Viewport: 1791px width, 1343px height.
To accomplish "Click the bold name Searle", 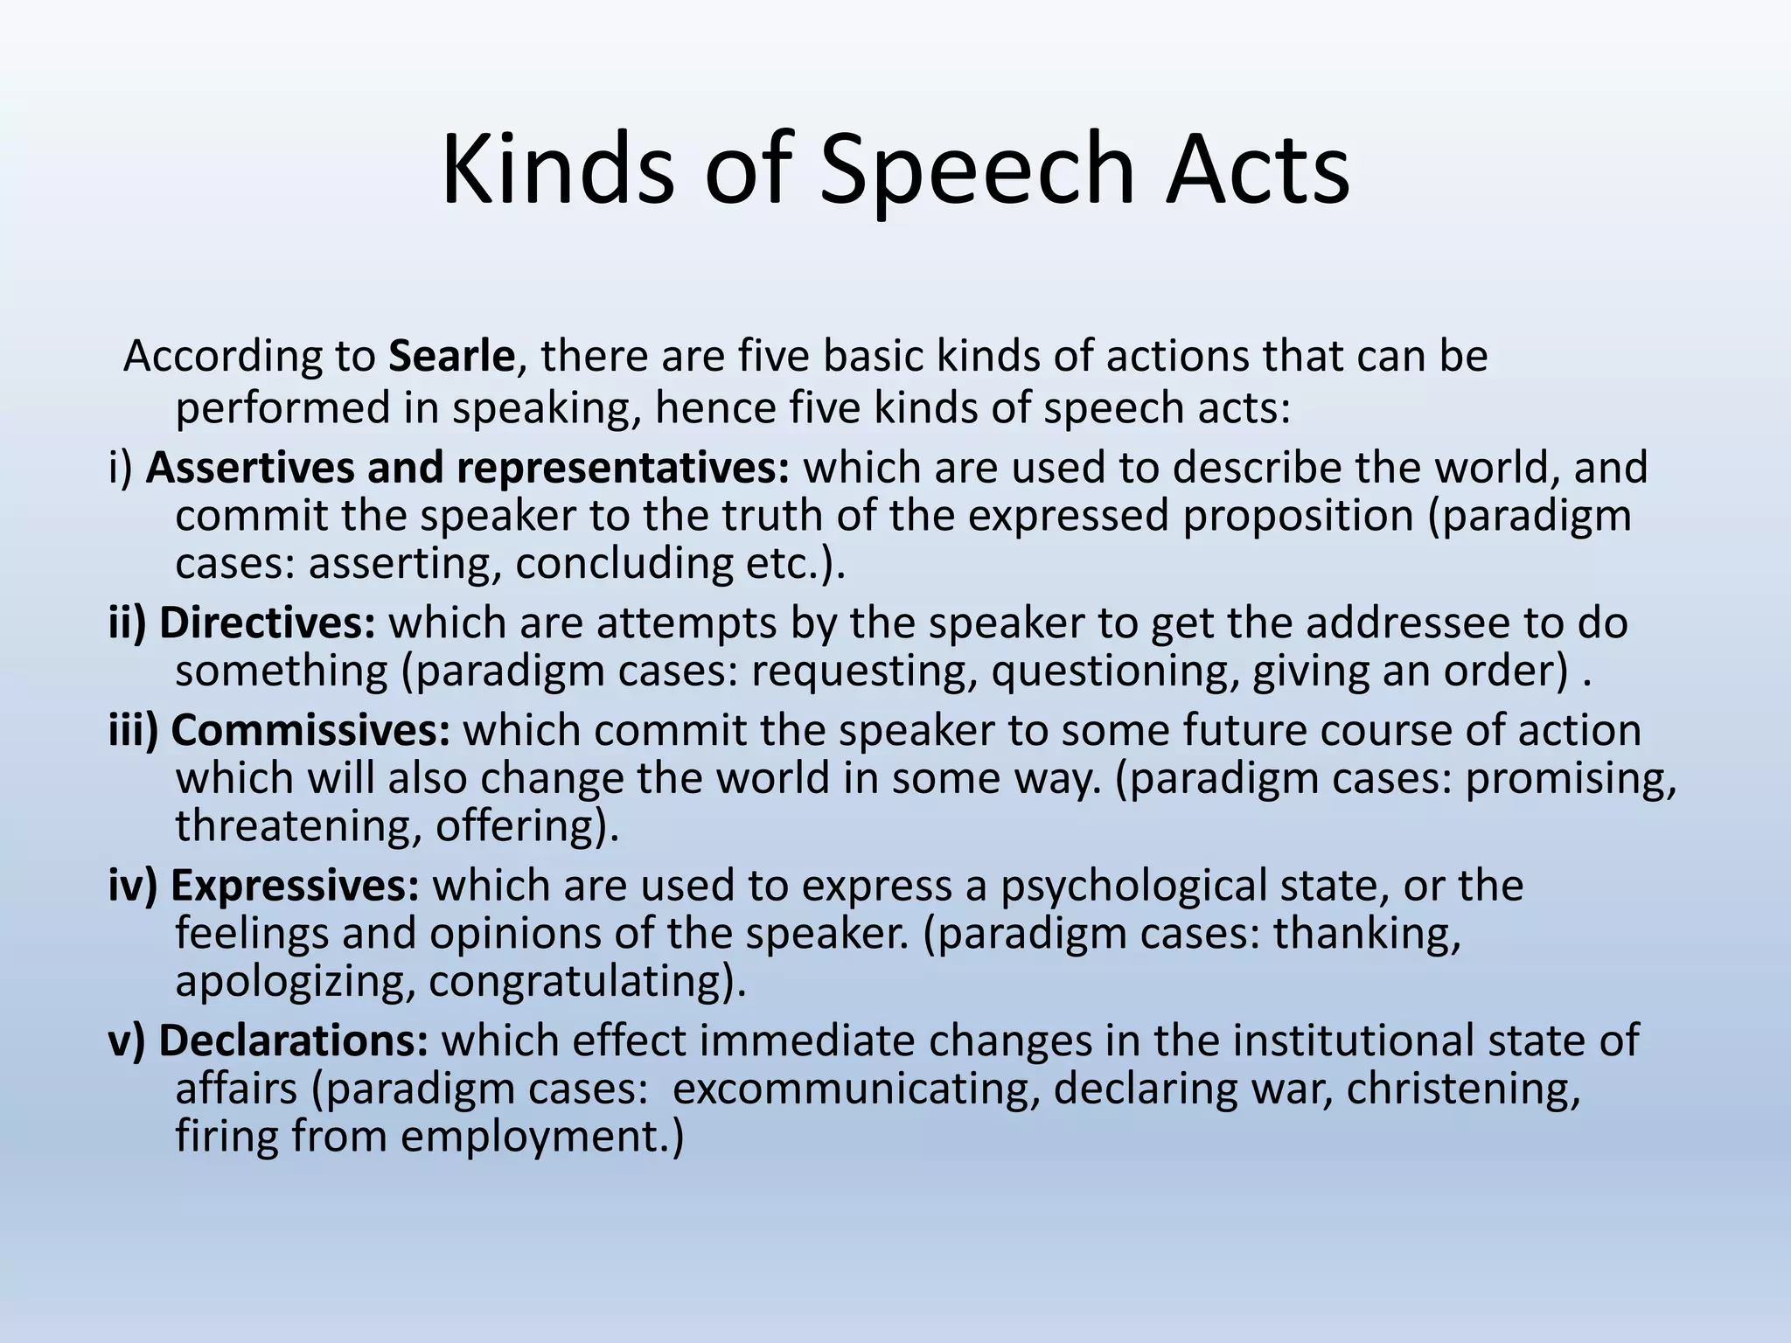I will (x=451, y=357).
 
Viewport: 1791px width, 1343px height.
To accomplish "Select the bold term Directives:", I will (x=268, y=623).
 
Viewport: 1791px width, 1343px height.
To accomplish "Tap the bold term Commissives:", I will (x=310, y=731).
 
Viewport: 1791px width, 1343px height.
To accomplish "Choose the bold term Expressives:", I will (x=296, y=886).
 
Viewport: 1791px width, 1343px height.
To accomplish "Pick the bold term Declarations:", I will (x=294, y=1040).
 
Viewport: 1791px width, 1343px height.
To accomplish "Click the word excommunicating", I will (x=856, y=1089).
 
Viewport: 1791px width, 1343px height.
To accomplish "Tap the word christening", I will (x=1463, y=1089).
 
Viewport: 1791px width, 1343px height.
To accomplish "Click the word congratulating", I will (x=582, y=982).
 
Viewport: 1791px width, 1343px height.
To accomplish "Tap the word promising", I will (x=1565, y=779).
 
